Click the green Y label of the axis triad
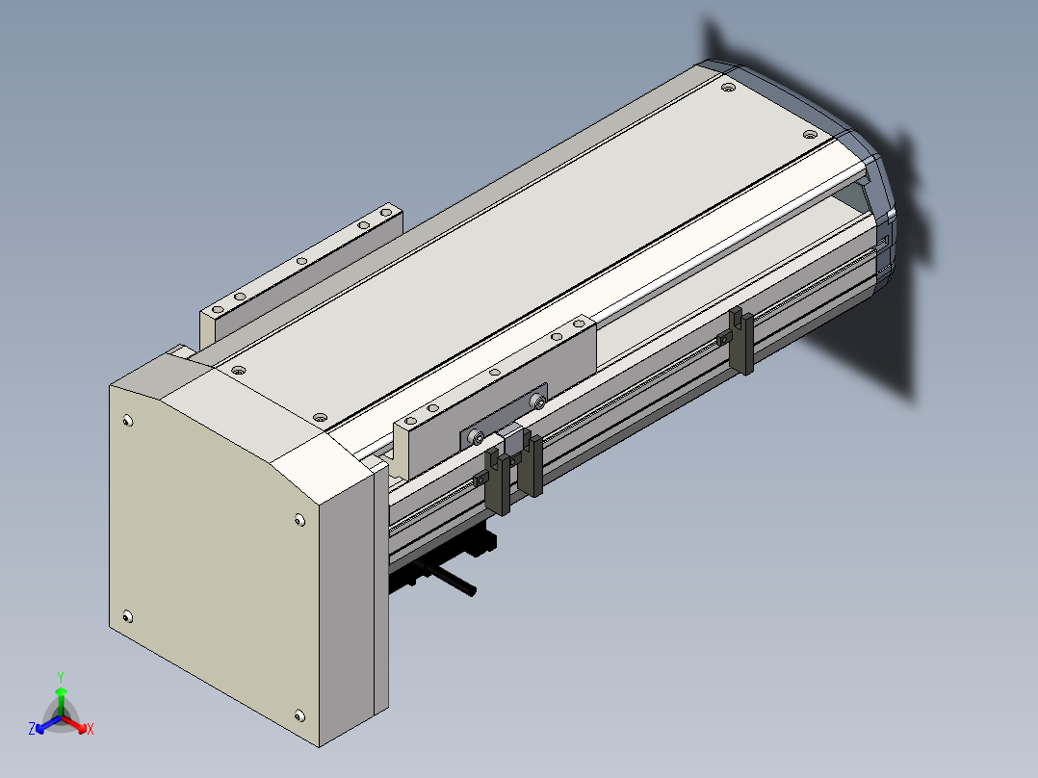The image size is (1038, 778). coord(61,677)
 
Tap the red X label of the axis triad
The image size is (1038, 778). coord(91,729)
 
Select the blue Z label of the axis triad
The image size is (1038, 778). coord(32,729)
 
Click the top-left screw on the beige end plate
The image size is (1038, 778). coord(128,421)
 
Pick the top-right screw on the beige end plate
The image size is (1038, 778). coord(299,521)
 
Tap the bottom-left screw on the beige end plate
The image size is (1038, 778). coord(128,617)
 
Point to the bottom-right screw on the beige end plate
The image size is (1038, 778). coord(299,715)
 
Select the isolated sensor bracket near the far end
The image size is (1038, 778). coord(740,340)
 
